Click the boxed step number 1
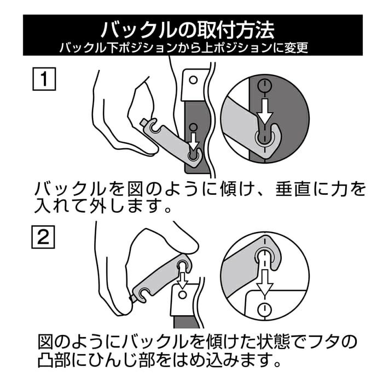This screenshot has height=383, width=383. pos(44,79)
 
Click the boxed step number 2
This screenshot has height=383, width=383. pos(43,237)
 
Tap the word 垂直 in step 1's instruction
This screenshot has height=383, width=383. pos(294,189)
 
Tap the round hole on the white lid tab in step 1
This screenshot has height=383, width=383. pos(194,80)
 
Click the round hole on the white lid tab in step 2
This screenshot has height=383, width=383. pos(182,295)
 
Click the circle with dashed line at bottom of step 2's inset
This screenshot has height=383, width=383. pos(264,310)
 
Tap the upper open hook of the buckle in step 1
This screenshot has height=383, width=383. pos(154,125)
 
